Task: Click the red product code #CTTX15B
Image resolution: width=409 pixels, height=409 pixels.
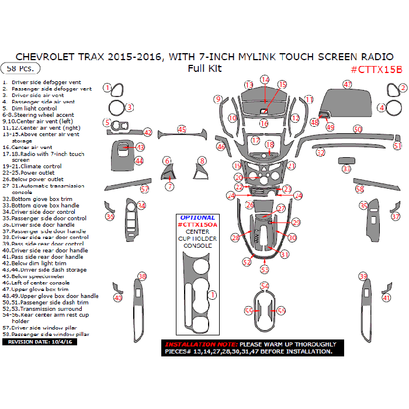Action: pos(376,70)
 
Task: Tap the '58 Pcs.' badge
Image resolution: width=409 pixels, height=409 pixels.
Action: pos(19,68)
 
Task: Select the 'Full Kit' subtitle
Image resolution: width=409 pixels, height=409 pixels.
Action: pos(204,68)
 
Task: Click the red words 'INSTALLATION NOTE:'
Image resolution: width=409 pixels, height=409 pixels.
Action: pos(201,344)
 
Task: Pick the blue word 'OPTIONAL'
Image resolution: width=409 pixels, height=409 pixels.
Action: pos(197,217)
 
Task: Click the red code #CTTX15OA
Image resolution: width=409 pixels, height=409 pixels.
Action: pos(197,224)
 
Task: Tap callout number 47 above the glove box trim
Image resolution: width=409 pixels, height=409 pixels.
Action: pos(348,85)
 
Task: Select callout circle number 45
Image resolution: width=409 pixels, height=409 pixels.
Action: pos(182,129)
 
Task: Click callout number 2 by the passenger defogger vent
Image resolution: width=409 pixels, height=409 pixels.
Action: pos(403,88)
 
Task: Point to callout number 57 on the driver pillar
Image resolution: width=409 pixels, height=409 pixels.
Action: pos(145,189)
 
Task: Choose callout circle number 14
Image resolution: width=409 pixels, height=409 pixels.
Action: pos(265,79)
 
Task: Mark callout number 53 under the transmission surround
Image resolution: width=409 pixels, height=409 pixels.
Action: pos(265,269)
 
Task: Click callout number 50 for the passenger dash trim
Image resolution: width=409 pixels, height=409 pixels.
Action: pos(358,129)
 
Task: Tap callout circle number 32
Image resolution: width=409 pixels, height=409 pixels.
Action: pos(320,152)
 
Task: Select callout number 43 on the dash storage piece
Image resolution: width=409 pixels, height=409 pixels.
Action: pos(140,147)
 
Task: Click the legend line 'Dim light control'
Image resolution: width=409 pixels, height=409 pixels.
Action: pos(36,108)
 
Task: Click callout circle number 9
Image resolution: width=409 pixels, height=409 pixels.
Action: pos(218,99)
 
